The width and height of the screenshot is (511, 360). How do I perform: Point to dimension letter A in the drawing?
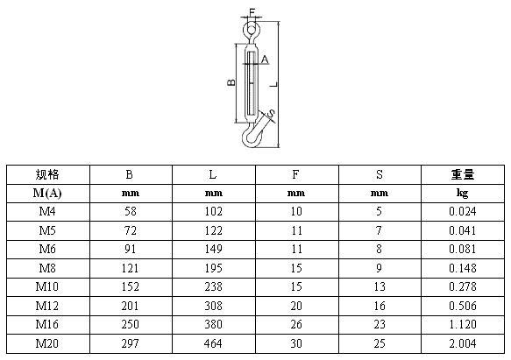tap(265, 60)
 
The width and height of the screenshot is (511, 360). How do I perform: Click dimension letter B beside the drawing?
tap(231, 82)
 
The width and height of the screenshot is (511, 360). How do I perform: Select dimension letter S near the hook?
tap(271, 113)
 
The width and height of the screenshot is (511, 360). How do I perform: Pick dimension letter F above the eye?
tap(252, 11)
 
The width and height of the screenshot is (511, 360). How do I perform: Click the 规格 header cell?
tap(47, 174)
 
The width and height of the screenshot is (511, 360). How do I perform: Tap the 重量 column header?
tap(463, 174)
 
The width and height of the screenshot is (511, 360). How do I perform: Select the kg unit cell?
tap(463, 194)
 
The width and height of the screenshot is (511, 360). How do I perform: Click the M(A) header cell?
tap(47, 194)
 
